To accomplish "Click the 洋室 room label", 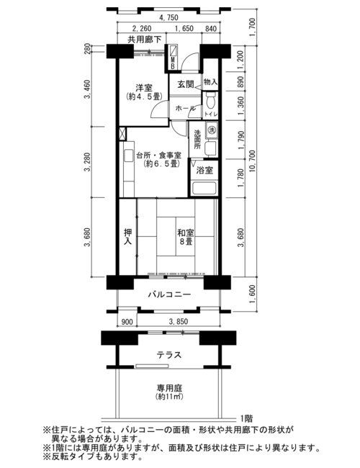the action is [144, 88].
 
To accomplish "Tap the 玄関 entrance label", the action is [186, 84].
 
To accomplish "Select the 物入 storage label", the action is [210, 81].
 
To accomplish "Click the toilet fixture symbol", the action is [211, 101].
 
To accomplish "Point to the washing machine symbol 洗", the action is [212, 130].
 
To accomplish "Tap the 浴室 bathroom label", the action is [204, 171].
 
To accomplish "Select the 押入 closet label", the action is [128, 236].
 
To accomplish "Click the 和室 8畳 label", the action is [185, 238].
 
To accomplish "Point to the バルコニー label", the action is [169, 295].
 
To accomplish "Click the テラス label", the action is [169, 355].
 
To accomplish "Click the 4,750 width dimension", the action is [168, 18].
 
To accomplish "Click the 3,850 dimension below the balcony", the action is [179, 321].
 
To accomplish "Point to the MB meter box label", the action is [173, 64].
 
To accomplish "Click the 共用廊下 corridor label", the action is [145, 39].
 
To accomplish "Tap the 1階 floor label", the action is [246, 418].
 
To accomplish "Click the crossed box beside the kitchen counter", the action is [122, 134].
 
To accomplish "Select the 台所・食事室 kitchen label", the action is [159, 156].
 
